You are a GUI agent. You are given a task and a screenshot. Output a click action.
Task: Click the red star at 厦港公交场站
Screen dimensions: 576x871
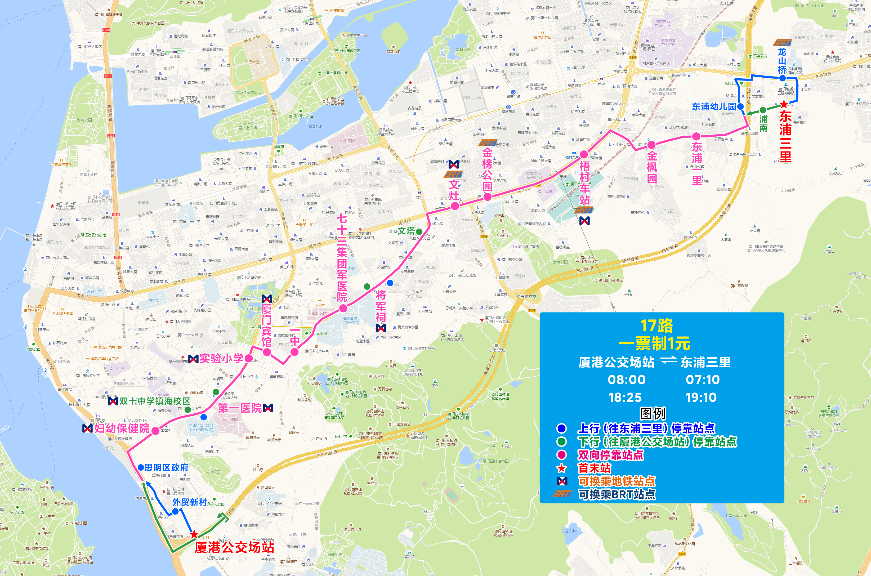click(x=194, y=534)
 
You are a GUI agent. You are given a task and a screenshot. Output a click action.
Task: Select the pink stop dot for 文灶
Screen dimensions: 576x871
click(x=455, y=206)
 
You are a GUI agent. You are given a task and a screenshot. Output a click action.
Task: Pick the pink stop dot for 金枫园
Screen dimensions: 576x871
click(x=651, y=144)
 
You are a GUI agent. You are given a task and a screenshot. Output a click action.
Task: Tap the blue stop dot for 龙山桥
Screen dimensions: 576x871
click(x=783, y=78)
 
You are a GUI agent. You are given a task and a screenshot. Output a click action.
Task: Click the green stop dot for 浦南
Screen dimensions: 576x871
click(x=763, y=110)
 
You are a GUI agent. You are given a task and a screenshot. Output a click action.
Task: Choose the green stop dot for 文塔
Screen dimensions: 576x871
click(x=419, y=232)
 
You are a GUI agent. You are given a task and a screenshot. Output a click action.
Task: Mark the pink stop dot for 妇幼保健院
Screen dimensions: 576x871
click(x=155, y=431)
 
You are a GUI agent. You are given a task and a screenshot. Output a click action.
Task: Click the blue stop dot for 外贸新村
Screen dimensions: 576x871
click(x=175, y=511)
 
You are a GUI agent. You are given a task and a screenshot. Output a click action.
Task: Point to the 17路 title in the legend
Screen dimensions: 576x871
click(x=656, y=326)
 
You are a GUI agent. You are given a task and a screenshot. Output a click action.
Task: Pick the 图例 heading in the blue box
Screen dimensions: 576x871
click(x=653, y=414)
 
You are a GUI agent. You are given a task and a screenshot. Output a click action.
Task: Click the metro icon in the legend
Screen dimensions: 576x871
click(x=562, y=481)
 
